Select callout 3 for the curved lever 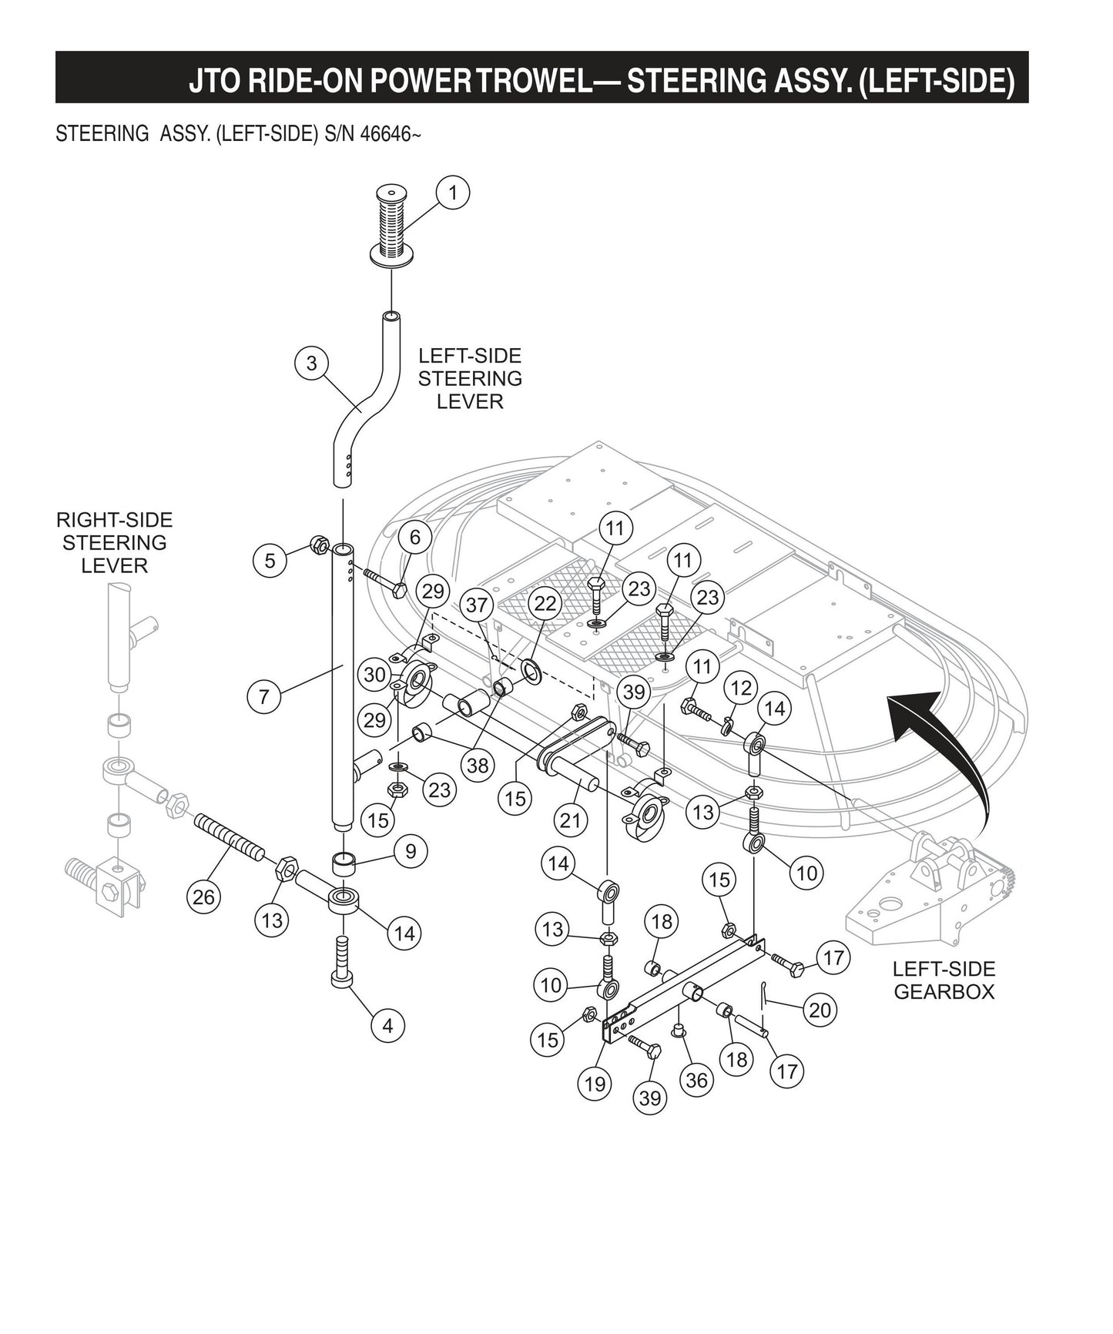tap(311, 364)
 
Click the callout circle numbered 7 tap(264, 697)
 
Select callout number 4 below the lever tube tap(387, 1026)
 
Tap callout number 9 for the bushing tap(411, 851)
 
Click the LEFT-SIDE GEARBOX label tap(944, 980)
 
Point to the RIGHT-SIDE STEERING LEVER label tap(114, 542)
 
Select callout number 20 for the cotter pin tap(820, 1009)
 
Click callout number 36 tap(696, 1081)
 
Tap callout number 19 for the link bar tap(595, 1084)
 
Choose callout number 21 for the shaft tap(570, 820)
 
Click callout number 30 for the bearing tap(375, 675)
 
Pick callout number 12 tap(740, 688)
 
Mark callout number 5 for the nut tap(270, 560)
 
